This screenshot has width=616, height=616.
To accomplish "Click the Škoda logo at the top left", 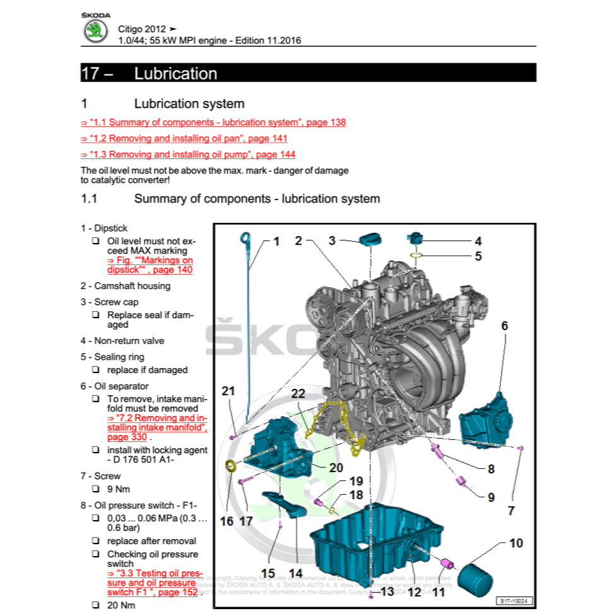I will point(96,30).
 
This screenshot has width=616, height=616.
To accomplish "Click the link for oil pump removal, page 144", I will point(188,155).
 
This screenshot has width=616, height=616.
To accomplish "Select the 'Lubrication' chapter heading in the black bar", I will point(175,73).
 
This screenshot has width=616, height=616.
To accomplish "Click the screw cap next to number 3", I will point(371,239).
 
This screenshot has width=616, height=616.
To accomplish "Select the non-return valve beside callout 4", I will point(415,239).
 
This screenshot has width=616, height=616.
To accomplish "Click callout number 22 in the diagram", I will point(298,394).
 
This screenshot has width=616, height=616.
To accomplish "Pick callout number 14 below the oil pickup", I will point(295,574).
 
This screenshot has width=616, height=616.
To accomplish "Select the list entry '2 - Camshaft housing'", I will point(125,286).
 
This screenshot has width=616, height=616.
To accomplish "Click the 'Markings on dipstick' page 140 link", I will point(150,264).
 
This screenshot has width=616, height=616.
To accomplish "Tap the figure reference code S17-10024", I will point(513,601).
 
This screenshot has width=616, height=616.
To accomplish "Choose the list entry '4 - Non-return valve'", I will point(122,341).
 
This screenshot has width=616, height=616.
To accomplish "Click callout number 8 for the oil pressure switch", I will point(490,469).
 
